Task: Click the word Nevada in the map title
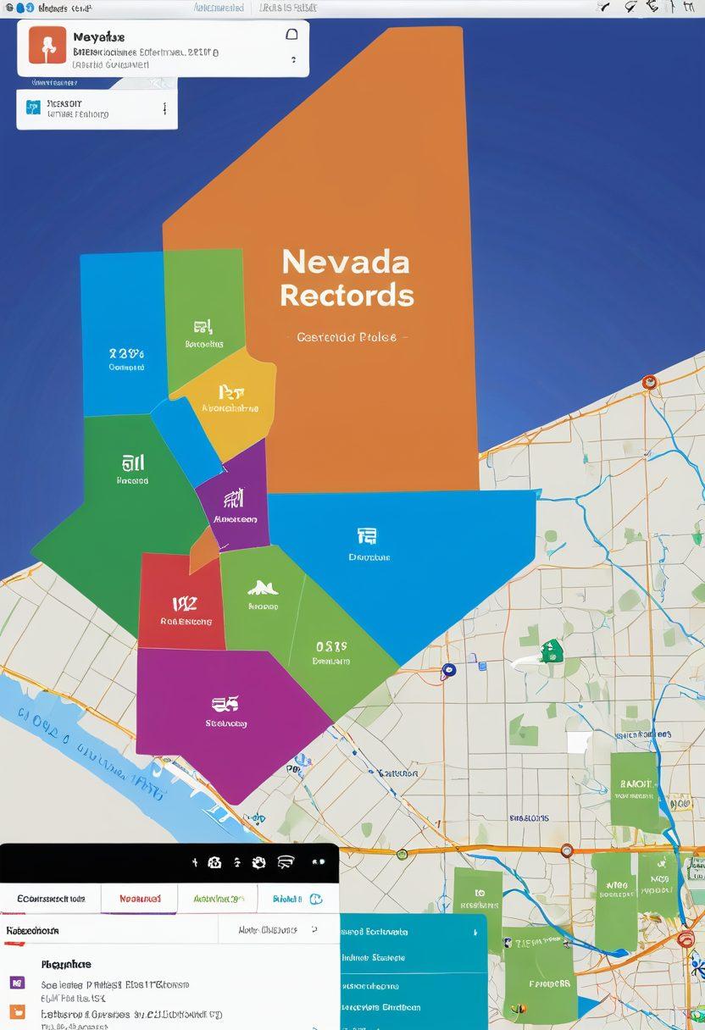pos(346,262)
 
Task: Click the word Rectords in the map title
pos(347,296)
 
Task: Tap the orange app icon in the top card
pos(47,45)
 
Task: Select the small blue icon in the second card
pos(33,107)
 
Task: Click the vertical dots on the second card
pos(164,108)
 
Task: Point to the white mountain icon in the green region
pos(263,587)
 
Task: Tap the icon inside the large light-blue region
pos(367,535)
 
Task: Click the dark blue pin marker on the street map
pos(448,671)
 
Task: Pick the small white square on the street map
pos(578,742)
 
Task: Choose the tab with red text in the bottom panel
pos(140,898)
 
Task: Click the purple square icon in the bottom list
pos(17,983)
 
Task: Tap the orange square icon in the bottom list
pos(17,1011)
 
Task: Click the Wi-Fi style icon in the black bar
pos(286,862)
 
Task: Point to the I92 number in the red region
pos(185,603)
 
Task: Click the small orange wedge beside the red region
pos(203,551)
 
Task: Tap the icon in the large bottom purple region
pos(225,703)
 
